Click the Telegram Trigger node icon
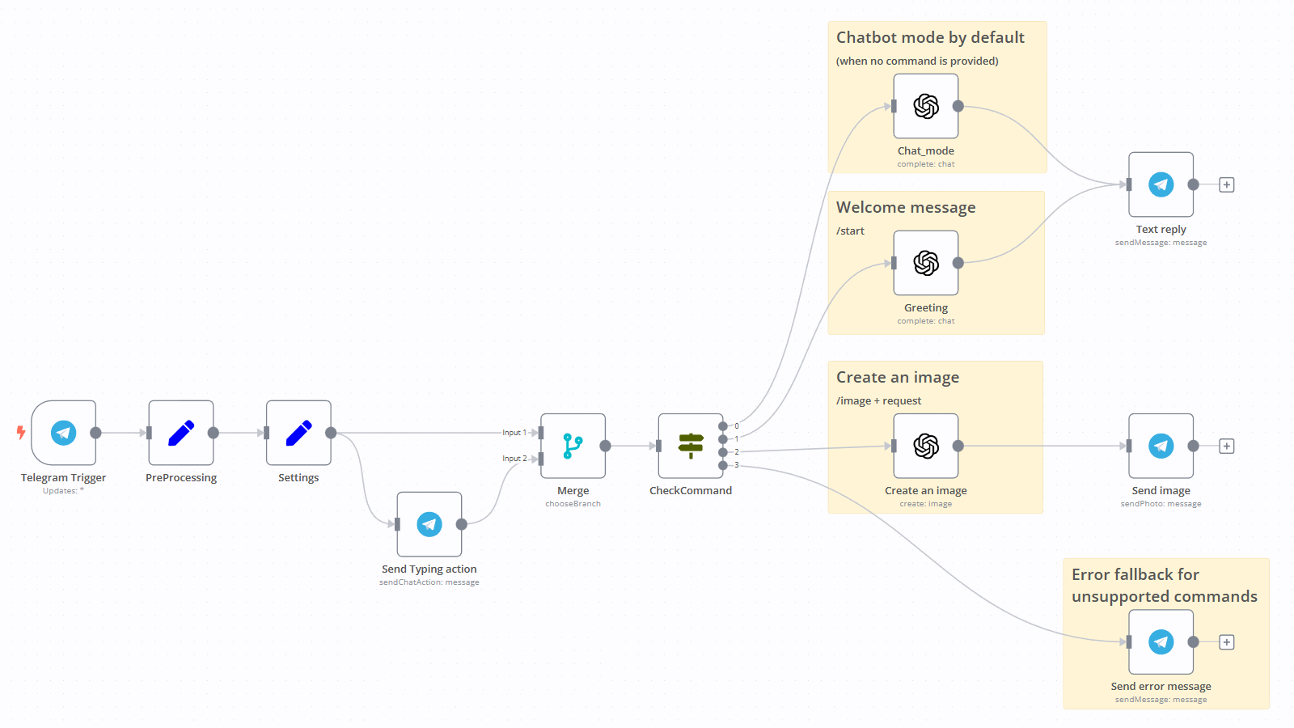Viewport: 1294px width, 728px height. click(x=64, y=433)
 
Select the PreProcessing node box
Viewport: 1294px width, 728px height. click(x=181, y=433)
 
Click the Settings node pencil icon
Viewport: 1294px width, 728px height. click(x=298, y=433)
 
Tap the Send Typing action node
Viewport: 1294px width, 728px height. click(x=429, y=524)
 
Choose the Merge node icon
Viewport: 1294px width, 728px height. click(x=573, y=446)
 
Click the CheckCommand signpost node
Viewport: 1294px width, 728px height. click(x=691, y=446)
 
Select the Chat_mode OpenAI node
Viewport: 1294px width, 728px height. click(x=926, y=106)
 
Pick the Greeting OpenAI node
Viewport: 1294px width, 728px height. click(x=926, y=263)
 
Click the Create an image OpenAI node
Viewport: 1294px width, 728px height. click(x=926, y=446)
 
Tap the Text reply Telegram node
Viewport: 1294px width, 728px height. click(x=1161, y=184)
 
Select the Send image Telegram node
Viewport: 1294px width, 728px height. click(x=1161, y=446)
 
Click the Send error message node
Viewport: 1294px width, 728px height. click(x=1161, y=641)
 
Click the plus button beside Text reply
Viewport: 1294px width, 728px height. click(x=1227, y=184)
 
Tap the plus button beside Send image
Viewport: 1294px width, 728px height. click(x=1227, y=446)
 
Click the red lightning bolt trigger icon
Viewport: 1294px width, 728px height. click(x=21, y=433)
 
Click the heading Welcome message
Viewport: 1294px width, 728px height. click(x=906, y=208)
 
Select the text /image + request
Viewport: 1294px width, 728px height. click(x=878, y=401)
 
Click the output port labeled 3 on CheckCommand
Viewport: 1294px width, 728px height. click(x=723, y=465)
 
